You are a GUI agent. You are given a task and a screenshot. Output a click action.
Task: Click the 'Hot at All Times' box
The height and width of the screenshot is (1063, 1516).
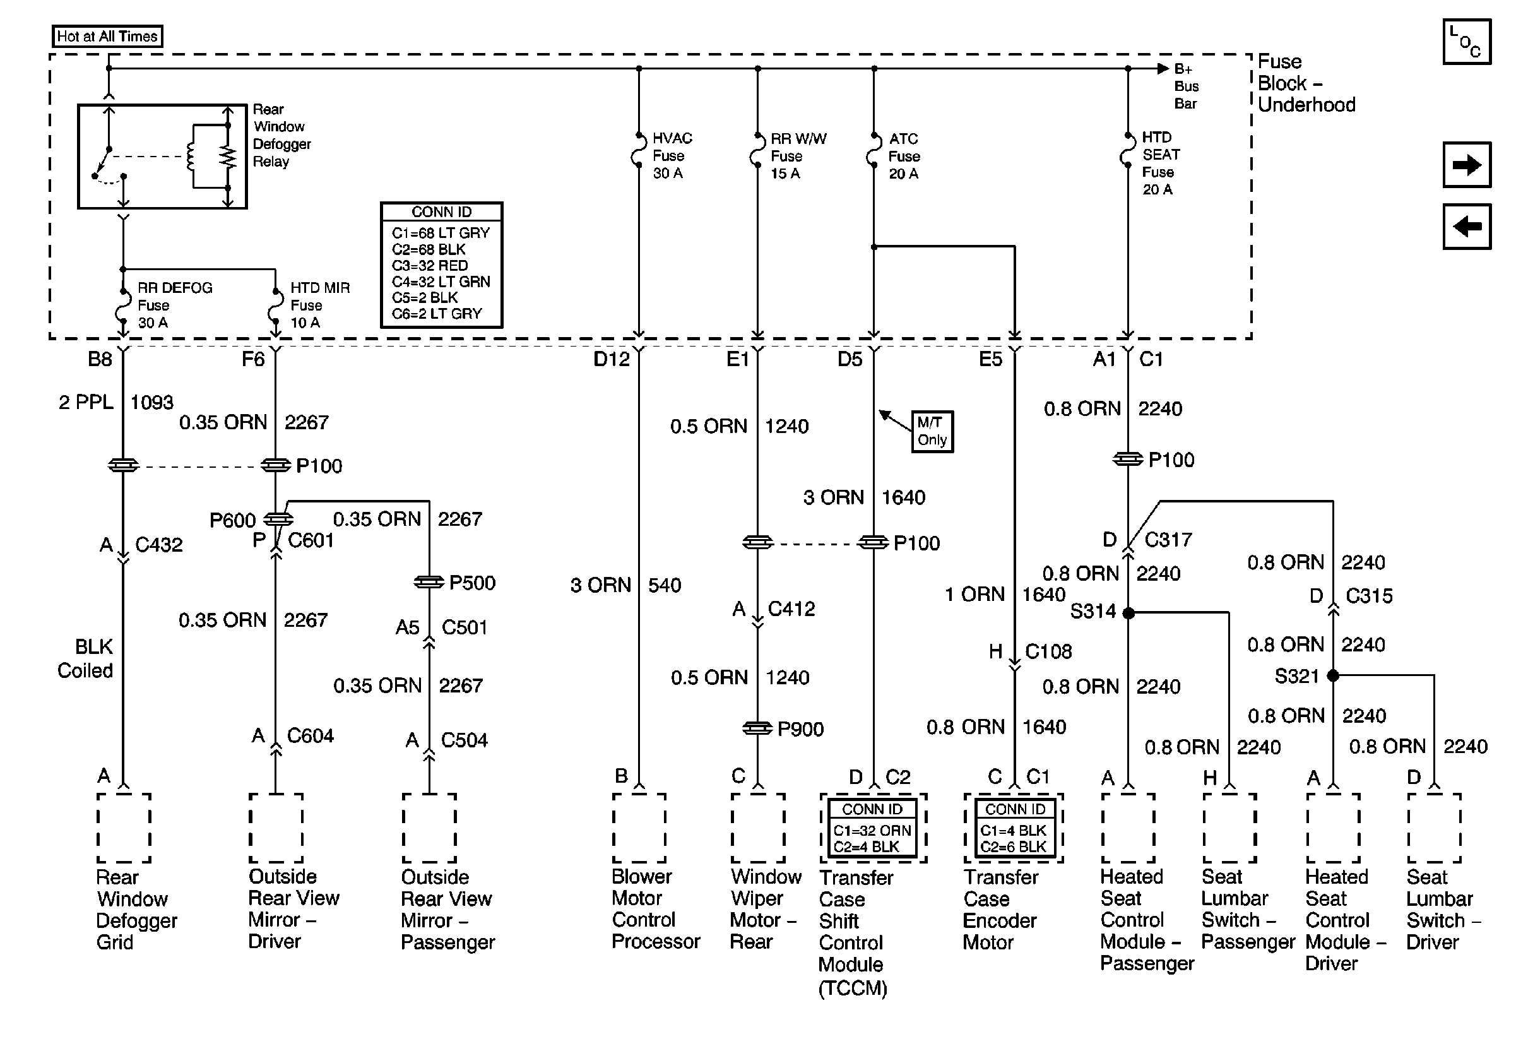pos(107,37)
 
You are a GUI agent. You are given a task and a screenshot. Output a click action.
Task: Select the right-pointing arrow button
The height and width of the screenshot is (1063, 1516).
pos(1467,164)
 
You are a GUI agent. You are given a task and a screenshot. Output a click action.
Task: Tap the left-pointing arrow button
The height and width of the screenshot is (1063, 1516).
pos(1467,227)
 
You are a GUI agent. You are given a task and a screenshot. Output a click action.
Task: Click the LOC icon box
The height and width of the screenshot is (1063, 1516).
pos(1467,42)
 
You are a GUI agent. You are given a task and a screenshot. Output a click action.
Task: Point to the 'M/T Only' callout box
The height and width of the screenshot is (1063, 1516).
pos(932,431)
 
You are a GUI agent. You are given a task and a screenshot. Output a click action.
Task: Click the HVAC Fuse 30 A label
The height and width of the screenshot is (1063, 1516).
pos(672,156)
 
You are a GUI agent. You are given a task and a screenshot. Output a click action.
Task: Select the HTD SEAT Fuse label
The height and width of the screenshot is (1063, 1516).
pos(1159,163)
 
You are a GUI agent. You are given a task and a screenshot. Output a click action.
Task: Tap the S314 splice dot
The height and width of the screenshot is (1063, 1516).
pos(1128,614)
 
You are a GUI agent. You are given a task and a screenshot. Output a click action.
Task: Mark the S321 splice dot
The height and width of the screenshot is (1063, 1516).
pos(1332,675)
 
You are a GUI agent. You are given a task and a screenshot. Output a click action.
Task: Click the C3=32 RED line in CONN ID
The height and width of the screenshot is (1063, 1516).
pos(430,265)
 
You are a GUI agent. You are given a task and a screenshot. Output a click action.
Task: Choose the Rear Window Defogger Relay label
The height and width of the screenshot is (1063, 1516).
pos(281,135)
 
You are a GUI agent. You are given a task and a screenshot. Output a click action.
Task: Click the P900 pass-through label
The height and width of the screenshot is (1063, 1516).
pos(800,729)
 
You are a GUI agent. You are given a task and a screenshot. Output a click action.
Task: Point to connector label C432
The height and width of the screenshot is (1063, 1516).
pos(158,545)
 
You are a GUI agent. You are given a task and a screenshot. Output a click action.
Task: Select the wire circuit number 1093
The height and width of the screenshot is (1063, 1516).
pos(152,402)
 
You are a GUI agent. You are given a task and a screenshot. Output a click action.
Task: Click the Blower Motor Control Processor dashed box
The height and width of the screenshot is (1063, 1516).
pos(639,828)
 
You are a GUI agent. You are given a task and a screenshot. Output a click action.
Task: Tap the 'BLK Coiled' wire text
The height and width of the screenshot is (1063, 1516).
pos(86,658)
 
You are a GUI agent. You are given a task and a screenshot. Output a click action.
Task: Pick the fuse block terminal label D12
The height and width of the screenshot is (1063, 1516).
pos(612,359)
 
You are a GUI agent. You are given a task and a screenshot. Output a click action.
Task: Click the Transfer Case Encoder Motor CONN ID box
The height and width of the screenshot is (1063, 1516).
pos(1015,829)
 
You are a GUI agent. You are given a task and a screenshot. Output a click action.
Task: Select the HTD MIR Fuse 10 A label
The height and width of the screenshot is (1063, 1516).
pos(319,305)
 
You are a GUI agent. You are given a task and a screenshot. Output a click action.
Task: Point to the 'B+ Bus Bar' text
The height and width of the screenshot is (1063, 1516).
pos(1186,86)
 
